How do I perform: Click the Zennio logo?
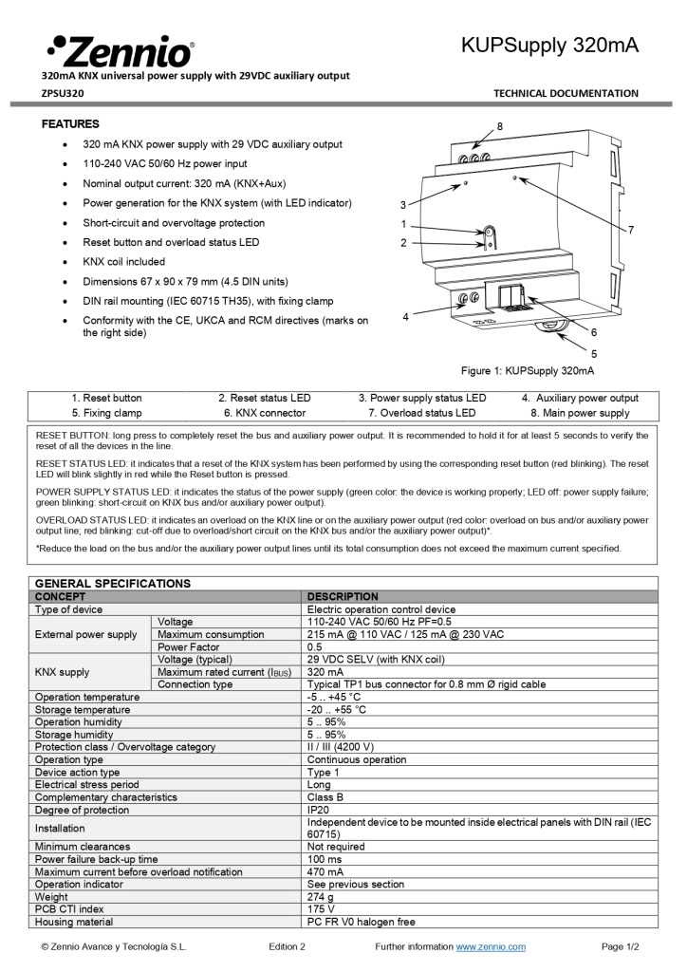coord(120,48)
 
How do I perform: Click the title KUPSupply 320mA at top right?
coord(549,45)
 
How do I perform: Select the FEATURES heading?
coord(70,124)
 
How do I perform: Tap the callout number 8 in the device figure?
coord(500,126)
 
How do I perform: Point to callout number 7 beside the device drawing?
coord(631,230)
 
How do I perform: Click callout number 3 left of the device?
coord(403,205)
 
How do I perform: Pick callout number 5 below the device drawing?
coord(594,353)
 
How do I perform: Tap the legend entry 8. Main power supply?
coord(580,413)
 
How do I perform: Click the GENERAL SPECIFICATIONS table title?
coord(113,583)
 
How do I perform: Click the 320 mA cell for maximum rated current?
coord(325,672)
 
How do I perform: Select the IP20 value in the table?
coord(317,810)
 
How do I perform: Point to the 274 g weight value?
coord(320,896)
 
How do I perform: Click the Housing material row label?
coord(74,921)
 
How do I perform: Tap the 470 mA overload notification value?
coord(325,871)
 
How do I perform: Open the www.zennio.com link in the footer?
coord(491,946)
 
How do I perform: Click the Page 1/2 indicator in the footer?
coord(621,946)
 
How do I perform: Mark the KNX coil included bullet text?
coord(123,262)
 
